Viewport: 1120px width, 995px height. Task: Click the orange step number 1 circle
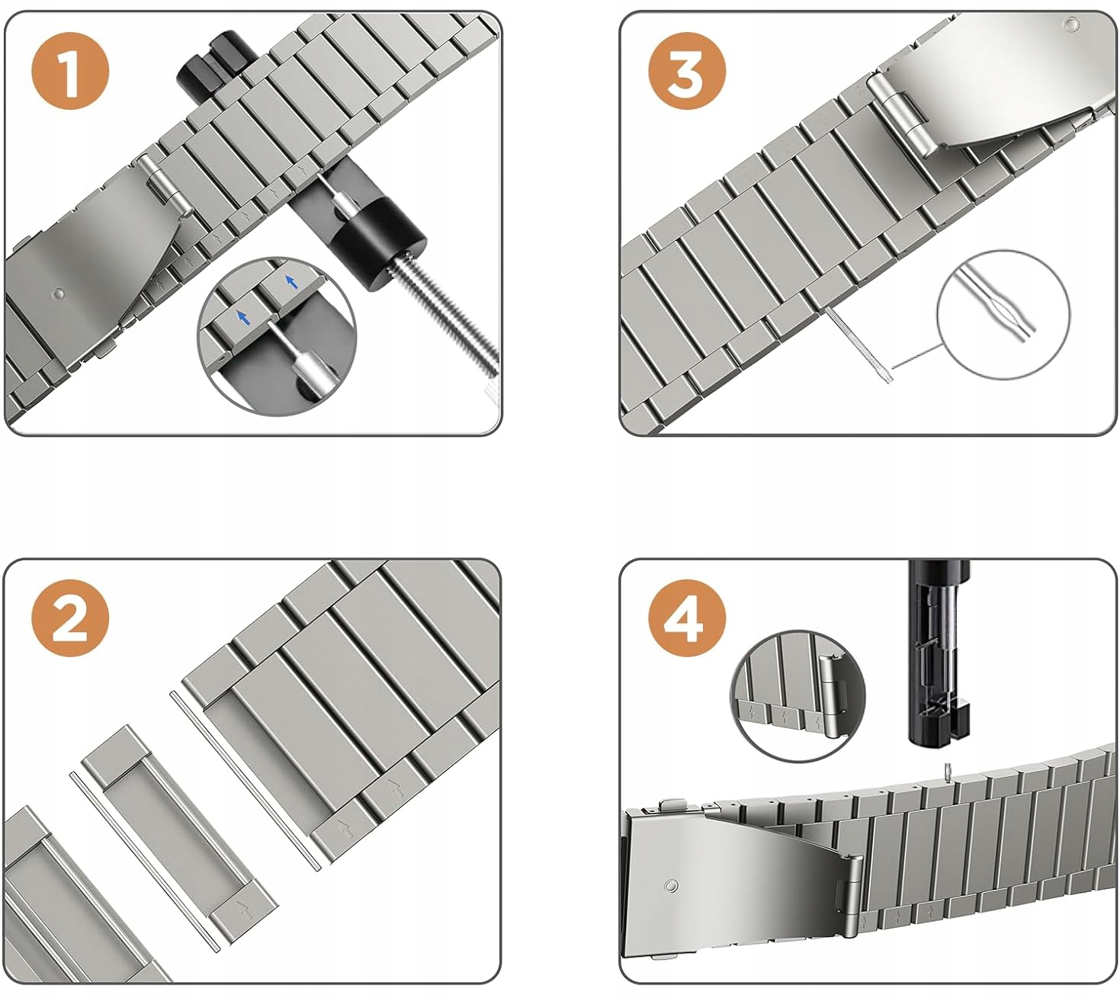pyautogui.click(x=71, y=72)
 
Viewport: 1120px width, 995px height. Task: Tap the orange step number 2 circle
pyautogui.click(x=71, y=618)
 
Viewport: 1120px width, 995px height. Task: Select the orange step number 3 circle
pyautogui.click(x=685, y=72)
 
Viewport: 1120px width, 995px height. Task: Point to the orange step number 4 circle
pyautogui.click(x=685, y=618)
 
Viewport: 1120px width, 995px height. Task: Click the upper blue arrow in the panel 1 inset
pyautogui.click(x=290, y=282)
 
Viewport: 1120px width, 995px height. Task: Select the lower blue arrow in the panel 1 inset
pyautogui.click(x=242, y=316)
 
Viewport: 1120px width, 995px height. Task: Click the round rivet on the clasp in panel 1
pyautogui.click(x=59, y=294)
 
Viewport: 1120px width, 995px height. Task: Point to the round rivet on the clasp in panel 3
pyautogui.click(x=1071, y=24)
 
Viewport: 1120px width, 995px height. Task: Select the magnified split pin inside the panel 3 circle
pyautogui.click(x=995, y=304)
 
